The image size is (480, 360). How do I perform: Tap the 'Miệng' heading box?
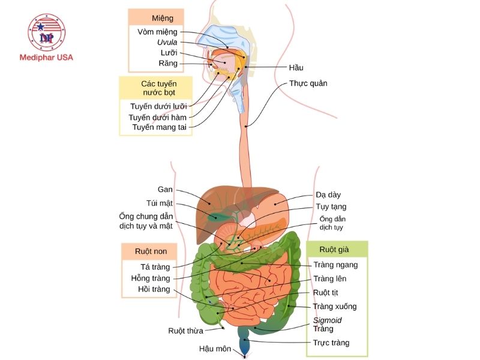click(155, 18)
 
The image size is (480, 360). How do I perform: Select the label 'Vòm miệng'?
click(157, 32)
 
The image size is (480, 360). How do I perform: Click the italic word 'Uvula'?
click(167, 43)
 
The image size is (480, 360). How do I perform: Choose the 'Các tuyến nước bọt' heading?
click(155, 88)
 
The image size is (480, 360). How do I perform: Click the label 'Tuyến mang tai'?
click(160, 127)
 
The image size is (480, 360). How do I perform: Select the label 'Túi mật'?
click(160, 203)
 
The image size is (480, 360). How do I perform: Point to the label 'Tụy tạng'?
click(331, 206)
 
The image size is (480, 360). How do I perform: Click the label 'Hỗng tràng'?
click(151, 278)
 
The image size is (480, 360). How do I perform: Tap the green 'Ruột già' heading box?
click(337, 249)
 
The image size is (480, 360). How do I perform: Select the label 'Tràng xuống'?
click(335, 307)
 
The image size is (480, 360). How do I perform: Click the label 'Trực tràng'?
click(331, 343)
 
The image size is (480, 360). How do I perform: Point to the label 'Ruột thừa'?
click(185, 331)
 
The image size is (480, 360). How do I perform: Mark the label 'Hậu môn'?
click(215, 349)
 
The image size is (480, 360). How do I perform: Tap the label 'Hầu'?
click(296, 68)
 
